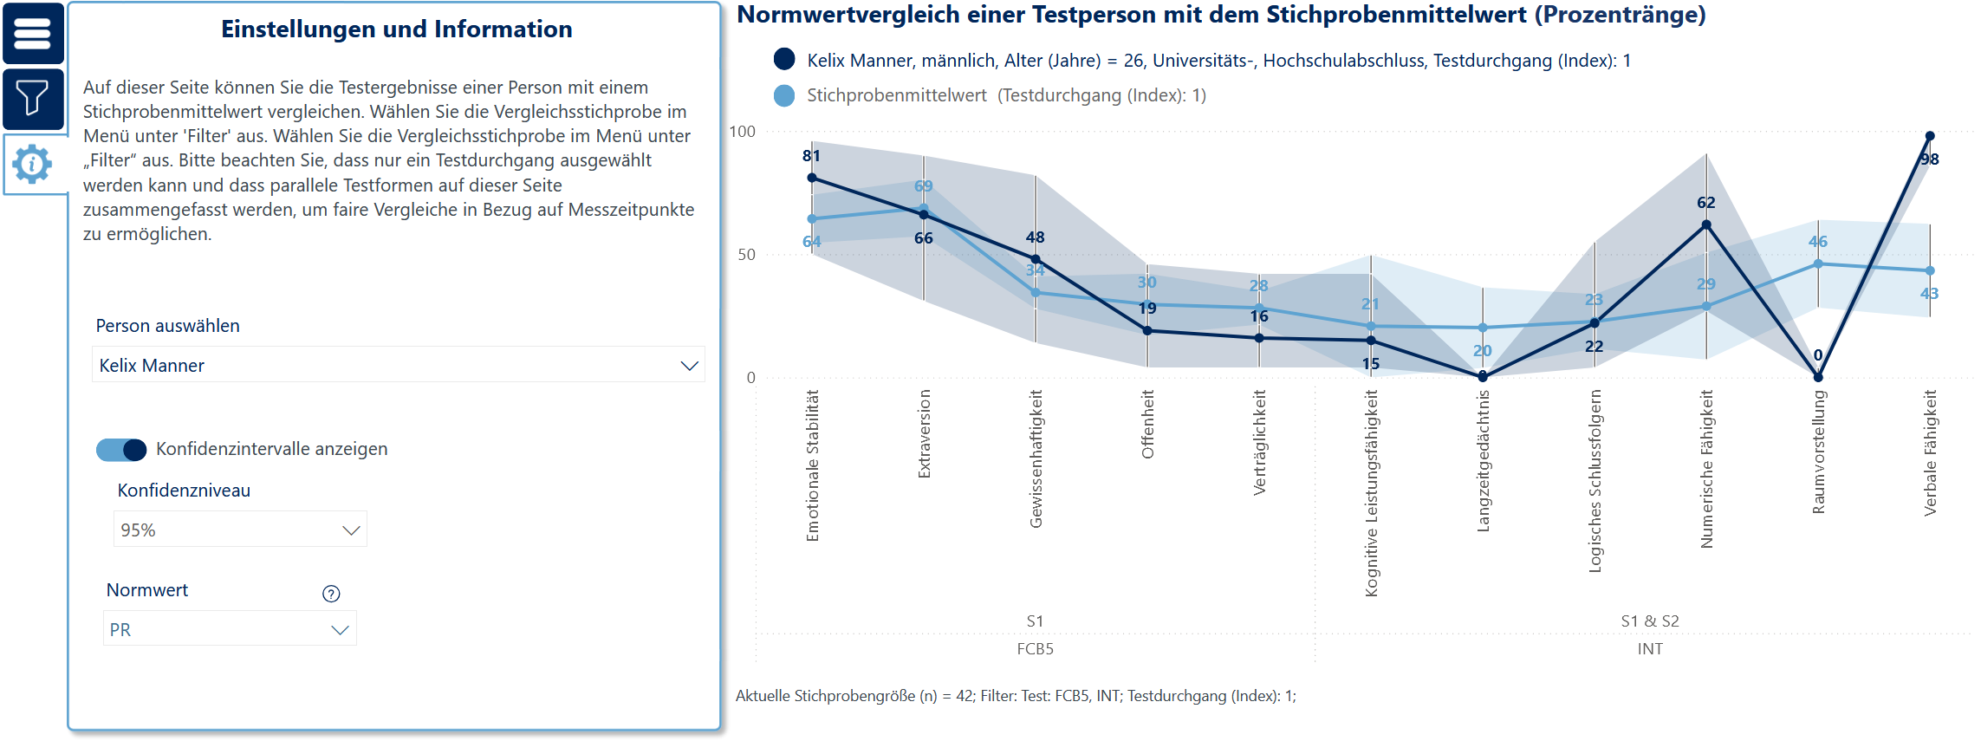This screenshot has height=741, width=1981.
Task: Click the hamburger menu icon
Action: (x=33, y=34)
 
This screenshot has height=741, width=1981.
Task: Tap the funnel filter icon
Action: (x=33, y=98)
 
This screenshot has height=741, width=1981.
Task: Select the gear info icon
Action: (x=33, y=164)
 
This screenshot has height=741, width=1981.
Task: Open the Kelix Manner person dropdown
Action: (x=398, y=365)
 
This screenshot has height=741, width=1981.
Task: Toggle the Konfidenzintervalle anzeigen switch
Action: (x=121, y=450)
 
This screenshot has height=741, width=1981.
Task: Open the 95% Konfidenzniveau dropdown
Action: (x=240, y=530)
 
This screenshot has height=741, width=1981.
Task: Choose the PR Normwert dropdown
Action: (x=230, y=630)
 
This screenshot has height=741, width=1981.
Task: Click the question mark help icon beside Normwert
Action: (x=331, y=594)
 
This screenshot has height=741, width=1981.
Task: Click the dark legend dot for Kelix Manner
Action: (x=784, y=59)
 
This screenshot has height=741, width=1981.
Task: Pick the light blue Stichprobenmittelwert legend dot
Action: (x=784, y=95)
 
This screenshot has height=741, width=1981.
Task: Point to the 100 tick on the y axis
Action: (x=743, y=132)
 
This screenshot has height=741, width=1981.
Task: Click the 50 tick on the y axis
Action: (x=746, y=255)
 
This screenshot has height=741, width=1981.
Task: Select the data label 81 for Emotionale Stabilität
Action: (x=811, y=156)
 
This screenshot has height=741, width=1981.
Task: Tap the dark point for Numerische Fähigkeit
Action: (x=1706, y=224)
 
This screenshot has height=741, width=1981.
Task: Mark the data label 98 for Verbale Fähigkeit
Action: (x=1929, y=159)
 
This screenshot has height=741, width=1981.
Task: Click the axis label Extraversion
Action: (x=924, y=433)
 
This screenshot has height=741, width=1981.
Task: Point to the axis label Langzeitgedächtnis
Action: (x=1483, y=460)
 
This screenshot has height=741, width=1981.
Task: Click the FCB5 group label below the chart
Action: (x=1035, y=649)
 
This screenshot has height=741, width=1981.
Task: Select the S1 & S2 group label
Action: (x=1650, y=621)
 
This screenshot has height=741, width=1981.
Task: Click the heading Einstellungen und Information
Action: (x=396, y=29)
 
